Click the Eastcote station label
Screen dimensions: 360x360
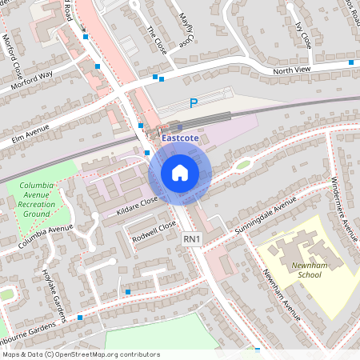(x=181, y=138)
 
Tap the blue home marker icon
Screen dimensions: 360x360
(x=180, y=173)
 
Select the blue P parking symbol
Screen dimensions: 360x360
(x=193, y=102)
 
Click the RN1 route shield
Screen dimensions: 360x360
(x=191, y=238)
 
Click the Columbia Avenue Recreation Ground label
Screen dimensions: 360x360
(x=37, y=199)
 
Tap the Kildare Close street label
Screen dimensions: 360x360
(x=138, y=204)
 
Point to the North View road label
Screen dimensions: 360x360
(x=291, y=70)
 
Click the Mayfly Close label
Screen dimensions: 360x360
(x=186, y=29)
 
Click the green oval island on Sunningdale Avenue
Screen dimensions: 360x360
(x=242, y=165)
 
